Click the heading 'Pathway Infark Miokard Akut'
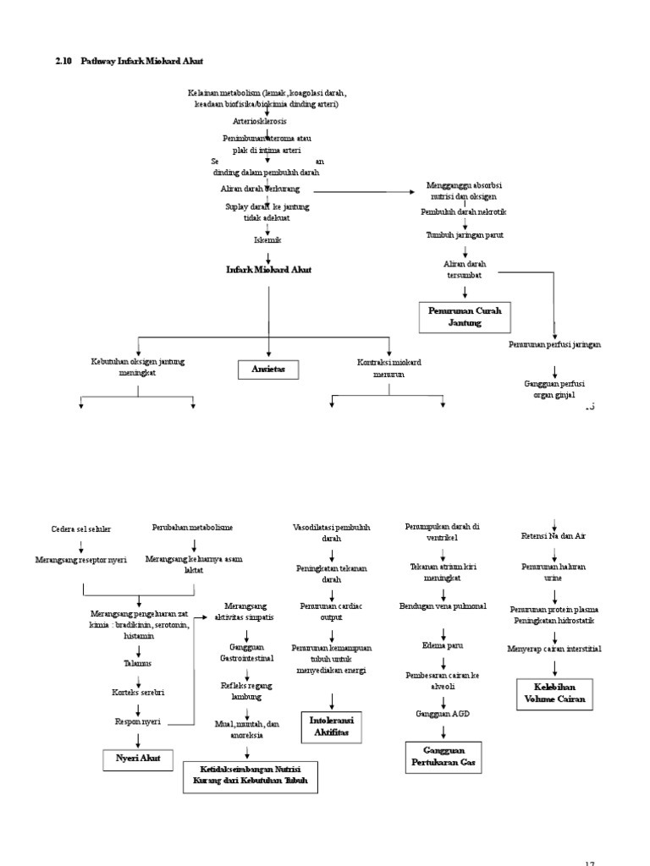pos(141,62)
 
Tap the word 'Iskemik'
pos(267,239)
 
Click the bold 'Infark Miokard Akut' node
pos(268,269)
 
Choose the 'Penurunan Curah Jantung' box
pos(465,316)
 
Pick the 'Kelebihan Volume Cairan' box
pos(554,693)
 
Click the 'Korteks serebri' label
pos(138,692)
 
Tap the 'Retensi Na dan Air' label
pos(554,536)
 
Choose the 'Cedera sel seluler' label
pos(81,529)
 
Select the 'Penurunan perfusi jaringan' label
pos(554,344)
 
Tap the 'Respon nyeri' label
pos(138,721)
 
